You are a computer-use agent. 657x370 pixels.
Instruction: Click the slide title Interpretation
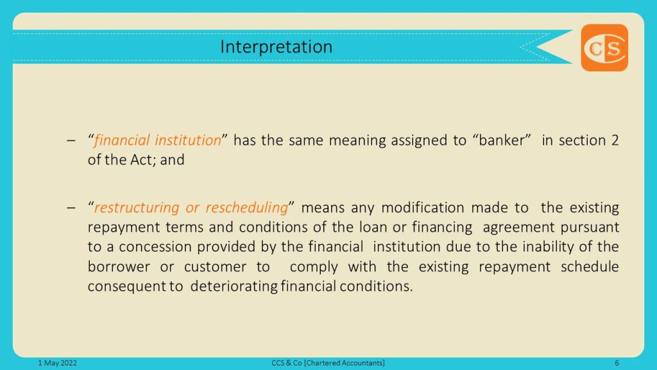coord(276,47)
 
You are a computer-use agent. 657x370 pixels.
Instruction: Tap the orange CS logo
coord(604,48)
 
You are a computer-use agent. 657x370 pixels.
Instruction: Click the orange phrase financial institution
coord(158,140)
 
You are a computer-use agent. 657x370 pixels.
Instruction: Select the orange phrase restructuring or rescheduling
coord(191,207)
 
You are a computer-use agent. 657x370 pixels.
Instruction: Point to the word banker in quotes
coord(502,140)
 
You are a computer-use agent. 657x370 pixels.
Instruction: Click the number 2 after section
coord(615,140)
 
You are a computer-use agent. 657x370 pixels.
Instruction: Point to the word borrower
coord(119,267)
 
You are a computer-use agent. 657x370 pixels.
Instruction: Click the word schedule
coord(590,267)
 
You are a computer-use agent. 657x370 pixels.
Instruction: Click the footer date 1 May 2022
coord(57,363)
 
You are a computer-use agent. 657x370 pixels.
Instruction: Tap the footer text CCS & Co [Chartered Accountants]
coord(328,363)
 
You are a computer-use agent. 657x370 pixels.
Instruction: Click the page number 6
coord(617,363)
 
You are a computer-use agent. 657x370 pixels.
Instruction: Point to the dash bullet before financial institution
coord(71,141)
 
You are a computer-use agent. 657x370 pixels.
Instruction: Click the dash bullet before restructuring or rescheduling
coord(71,207)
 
